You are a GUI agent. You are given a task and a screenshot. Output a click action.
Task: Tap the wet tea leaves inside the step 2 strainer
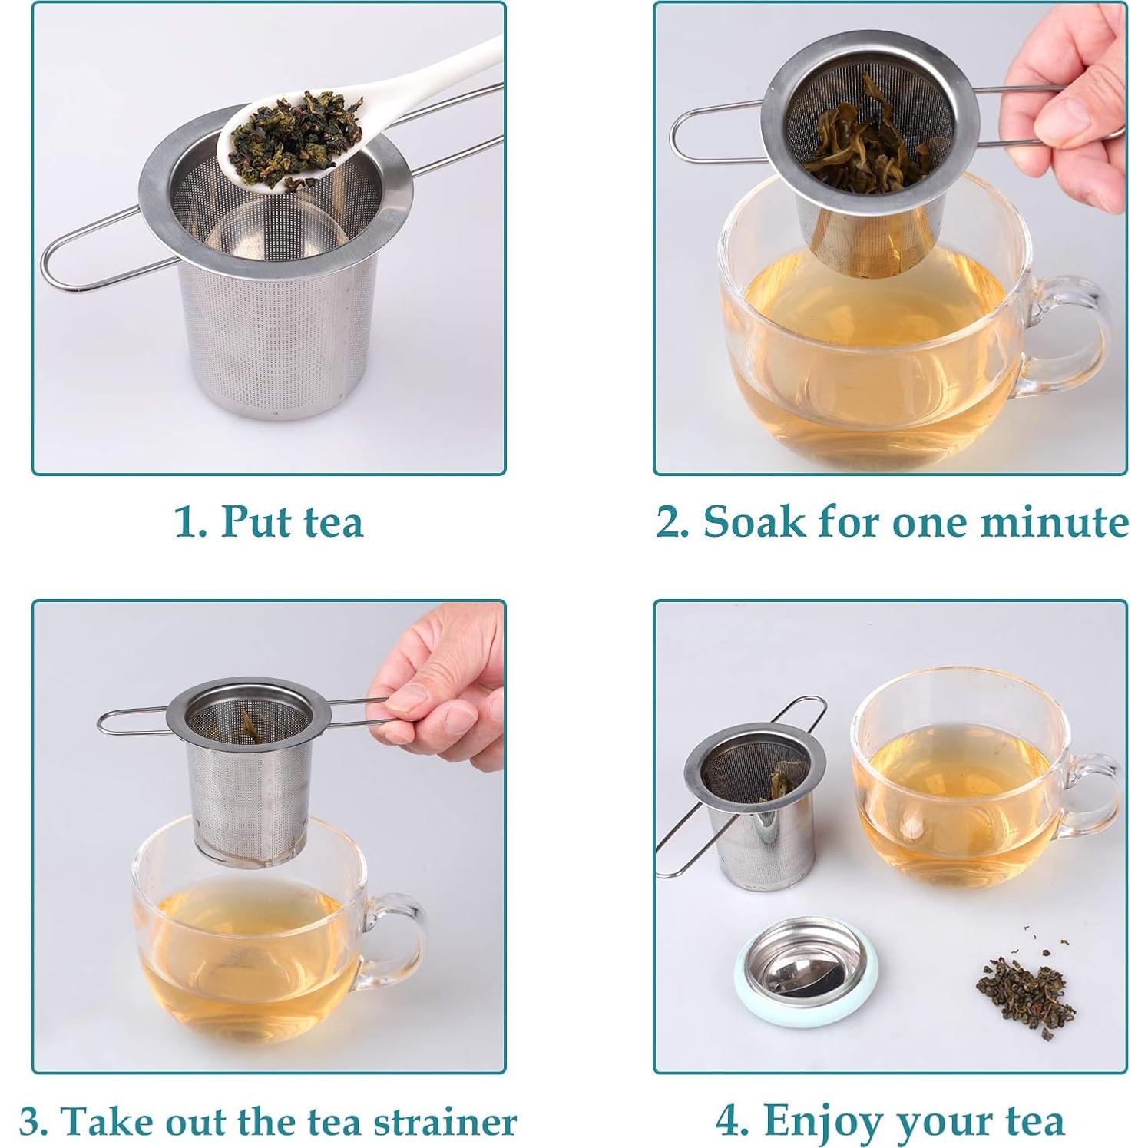(852, 146)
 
